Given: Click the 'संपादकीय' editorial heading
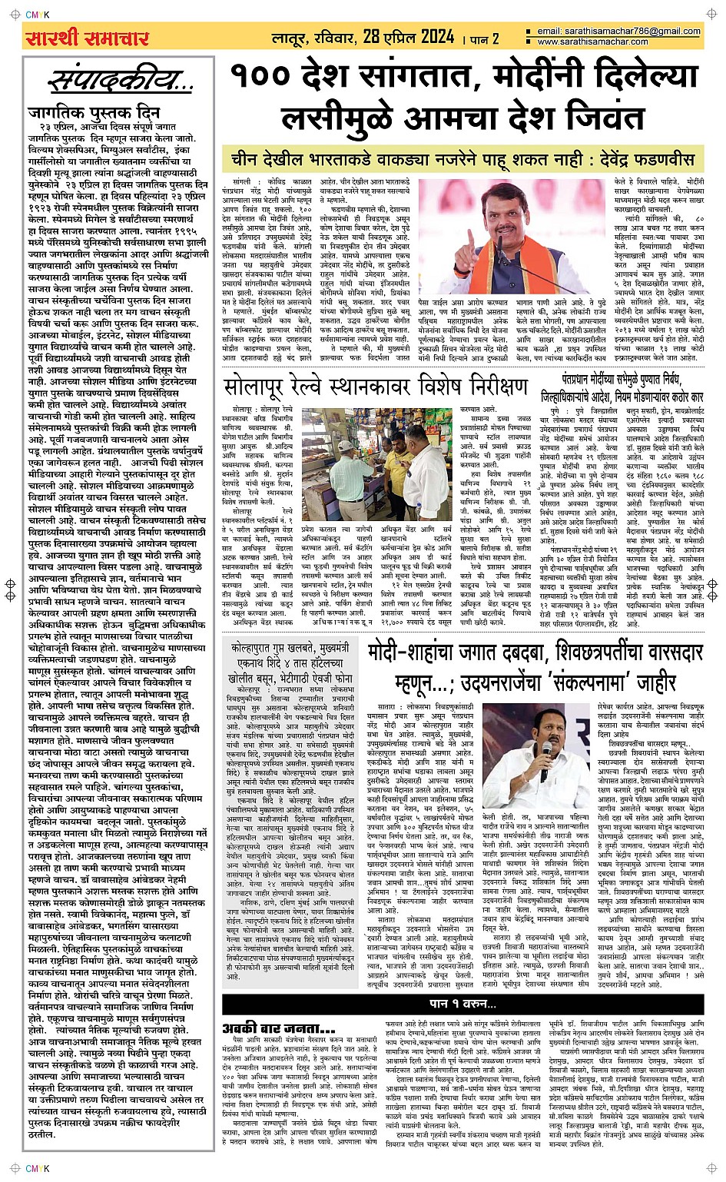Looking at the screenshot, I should click(x=121, y=81).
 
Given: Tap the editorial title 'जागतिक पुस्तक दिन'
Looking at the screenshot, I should click(x=93, y=111).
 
